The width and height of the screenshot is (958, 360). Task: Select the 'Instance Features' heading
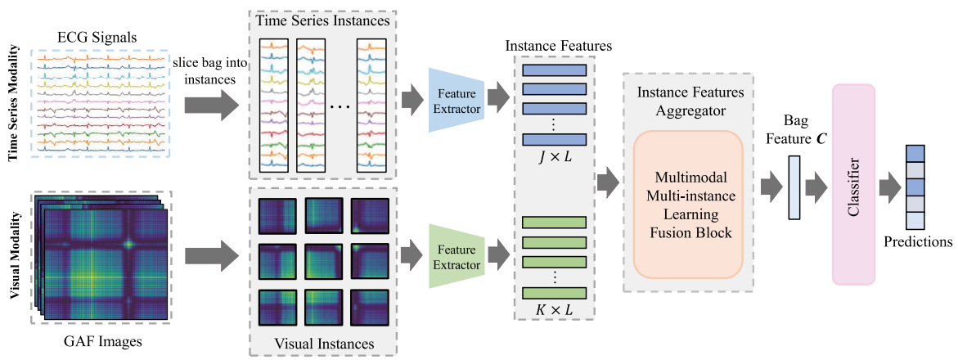point(558,46)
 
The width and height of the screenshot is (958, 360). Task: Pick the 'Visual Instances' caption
point(324,343)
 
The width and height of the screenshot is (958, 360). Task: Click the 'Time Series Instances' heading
point(323,20)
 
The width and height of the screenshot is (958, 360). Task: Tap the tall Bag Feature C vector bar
point(794,189)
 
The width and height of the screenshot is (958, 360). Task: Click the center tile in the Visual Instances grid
point(323,261)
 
